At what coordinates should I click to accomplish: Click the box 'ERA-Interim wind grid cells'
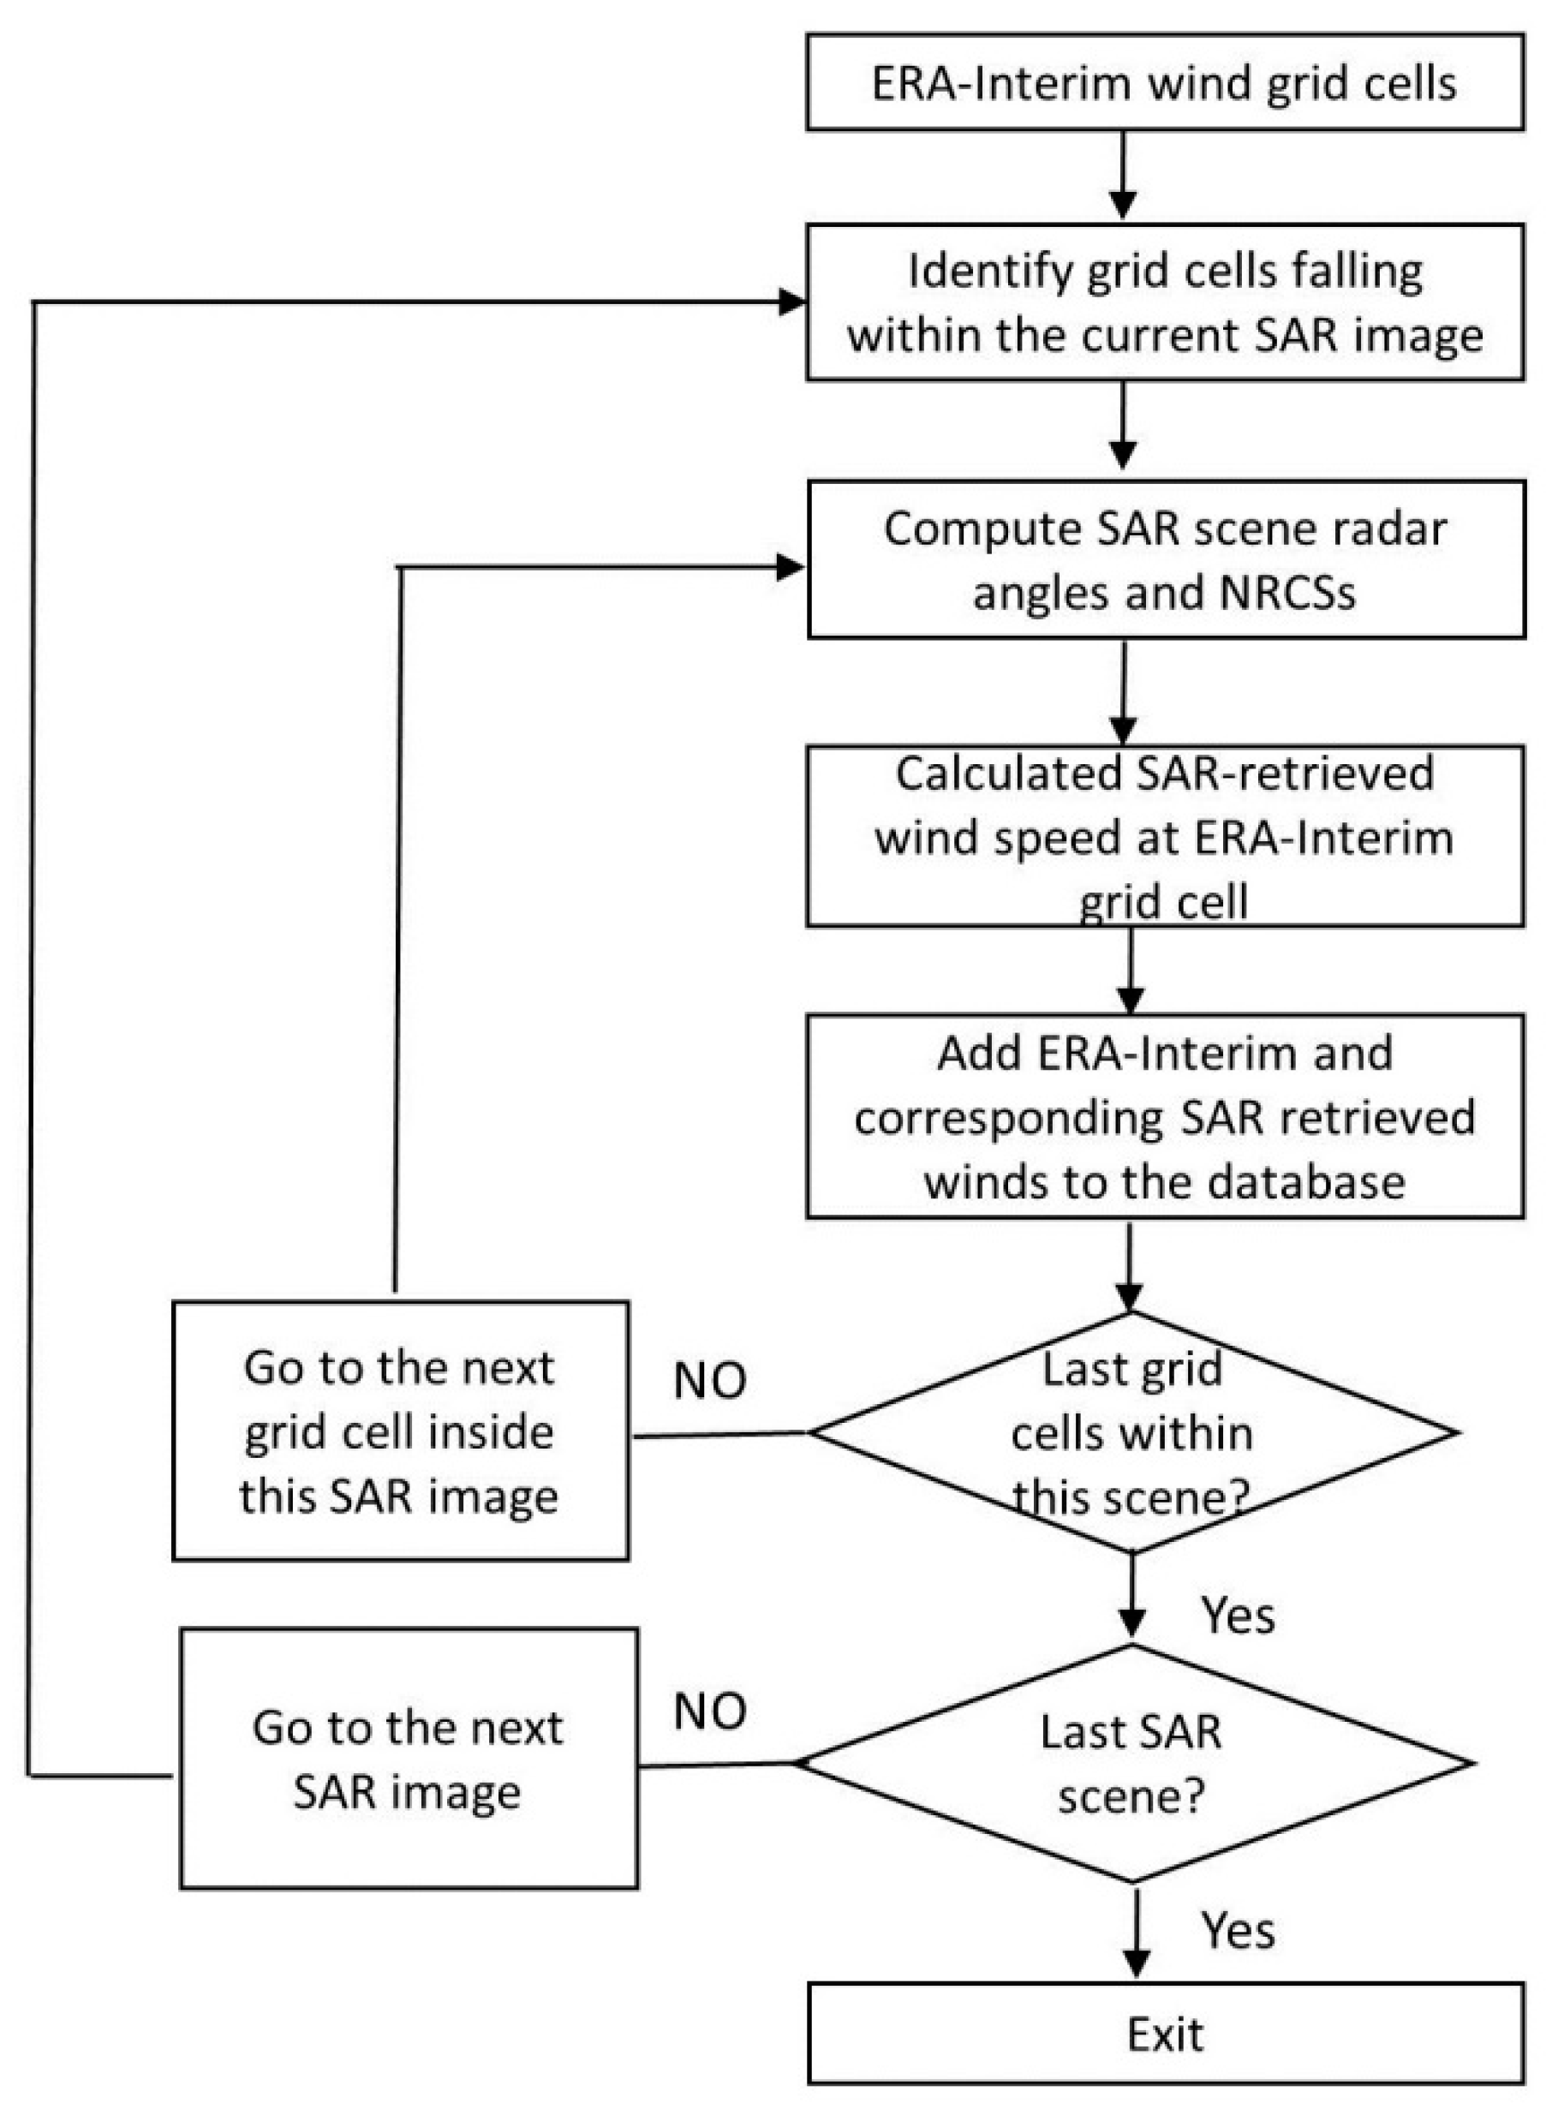[x=1165, y=82]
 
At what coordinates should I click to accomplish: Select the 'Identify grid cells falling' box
[x=1165, y=302]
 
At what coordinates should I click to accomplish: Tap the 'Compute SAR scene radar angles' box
[x=1165, y=559]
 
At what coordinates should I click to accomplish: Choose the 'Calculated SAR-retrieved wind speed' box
[x=1165, y=836]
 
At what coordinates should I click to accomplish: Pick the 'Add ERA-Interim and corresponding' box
[x=1165, y=1115]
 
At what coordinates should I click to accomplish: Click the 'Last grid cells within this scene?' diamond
[x=1131, y=1432]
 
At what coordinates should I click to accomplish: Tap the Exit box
[x=1165, y=2034]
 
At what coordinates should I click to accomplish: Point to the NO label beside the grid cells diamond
[x=709, y=1381]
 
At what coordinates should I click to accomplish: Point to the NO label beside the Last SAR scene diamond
[x=709, y=1712]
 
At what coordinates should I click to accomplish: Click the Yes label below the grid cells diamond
[x=1238, y=1616]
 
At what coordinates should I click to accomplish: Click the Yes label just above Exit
[x=1238, y=1931]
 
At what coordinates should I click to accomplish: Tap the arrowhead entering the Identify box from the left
[x=792, y=302]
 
